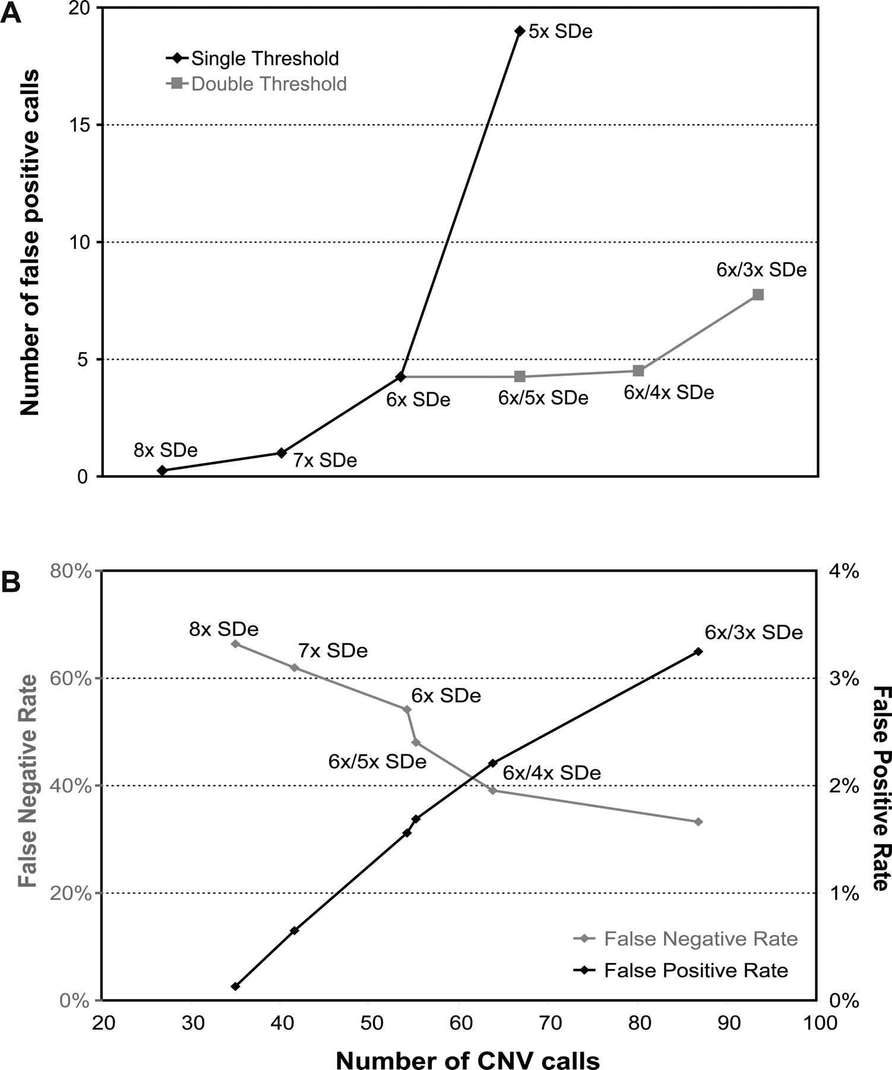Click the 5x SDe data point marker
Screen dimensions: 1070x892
click(520, 31)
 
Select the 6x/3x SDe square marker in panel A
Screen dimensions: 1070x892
click(758, 294)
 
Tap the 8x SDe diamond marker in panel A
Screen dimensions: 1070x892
click(162, 470)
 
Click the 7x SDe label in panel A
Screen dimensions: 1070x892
click(325, 460)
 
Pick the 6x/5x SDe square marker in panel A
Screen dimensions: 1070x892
click(520, 376)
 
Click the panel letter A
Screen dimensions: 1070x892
click(12, 13)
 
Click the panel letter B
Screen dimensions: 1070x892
click(12, 583)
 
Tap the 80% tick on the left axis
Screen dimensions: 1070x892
click(75, 571)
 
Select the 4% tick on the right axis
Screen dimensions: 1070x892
click(844, 571)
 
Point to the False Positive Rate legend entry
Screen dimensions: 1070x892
click(695, 971)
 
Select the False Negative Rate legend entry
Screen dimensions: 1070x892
click(700, 939)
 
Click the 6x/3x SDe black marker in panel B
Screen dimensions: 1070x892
click(698, 652)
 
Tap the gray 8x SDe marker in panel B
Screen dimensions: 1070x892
click(235, 644)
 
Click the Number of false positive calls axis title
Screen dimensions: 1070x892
click(30, 242)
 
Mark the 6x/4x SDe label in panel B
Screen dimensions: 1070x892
click(552, 773)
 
